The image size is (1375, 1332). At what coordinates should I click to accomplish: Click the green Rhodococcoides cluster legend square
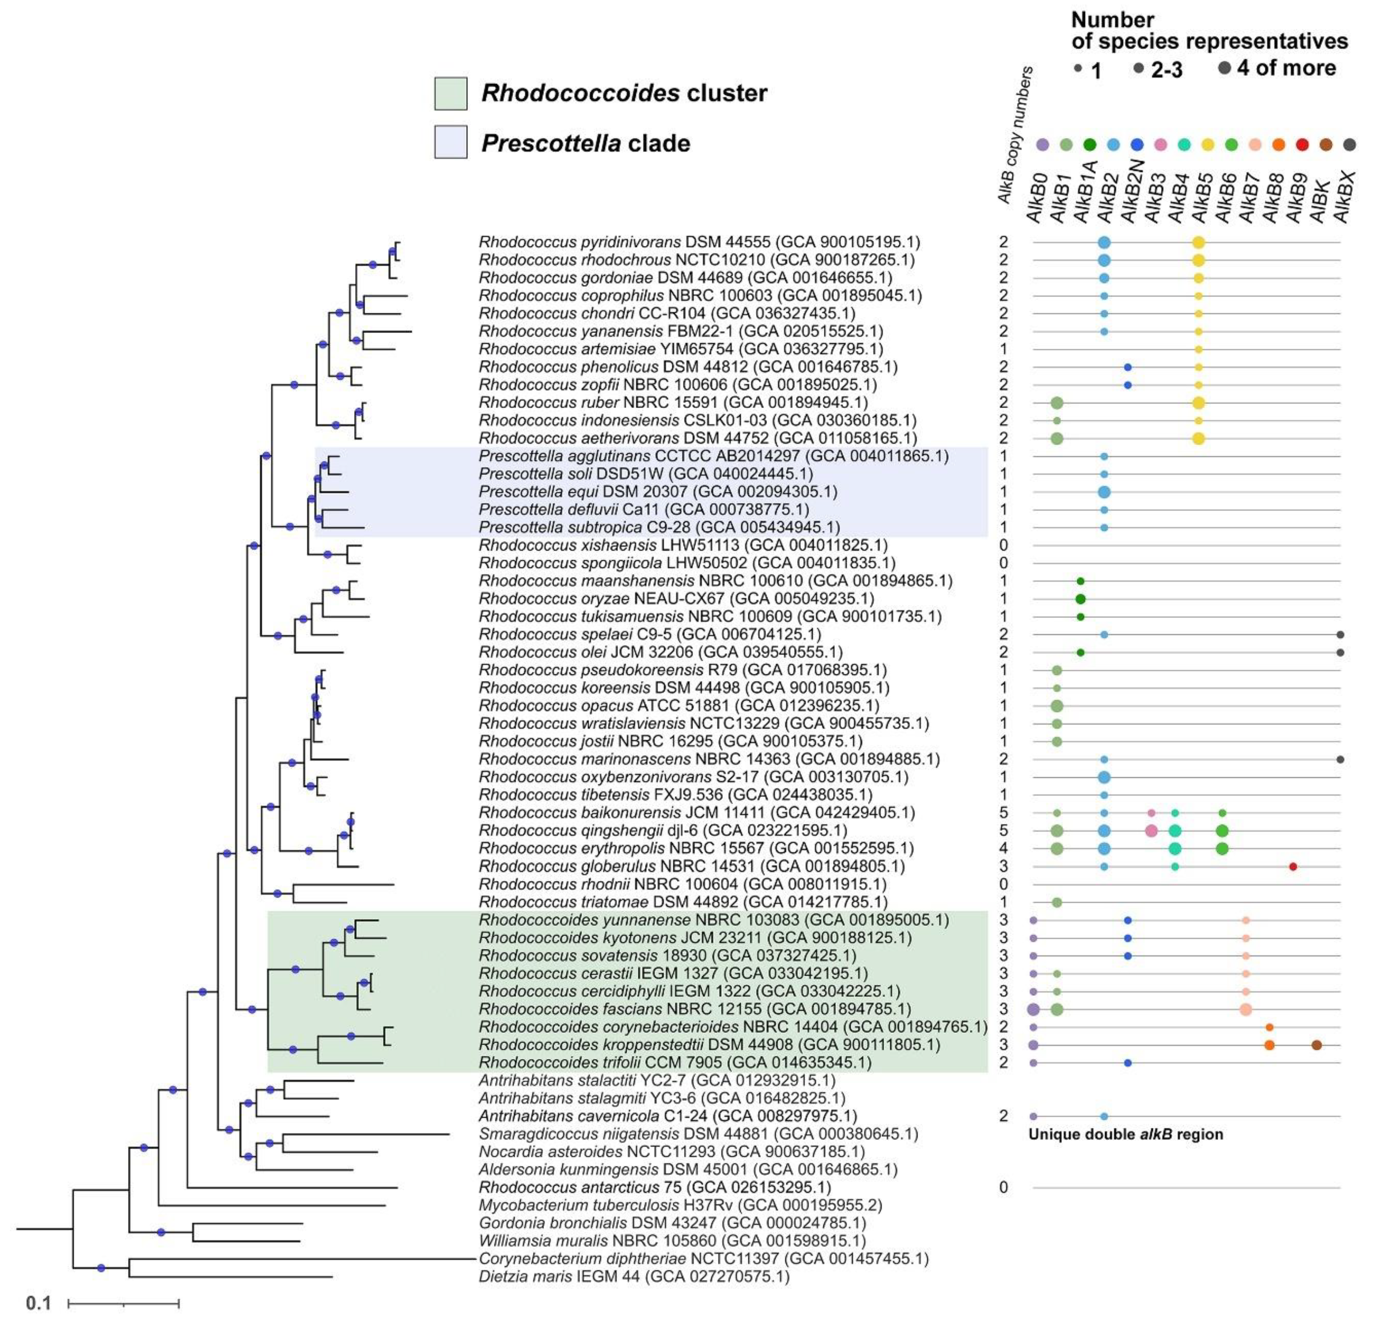pos(451,93)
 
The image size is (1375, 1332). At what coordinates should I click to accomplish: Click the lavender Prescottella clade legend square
pos(451,142)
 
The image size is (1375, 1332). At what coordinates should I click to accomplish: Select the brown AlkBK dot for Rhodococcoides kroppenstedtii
pos(1316,1045)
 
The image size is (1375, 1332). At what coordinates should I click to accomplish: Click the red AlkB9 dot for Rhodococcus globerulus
pos(1293,867)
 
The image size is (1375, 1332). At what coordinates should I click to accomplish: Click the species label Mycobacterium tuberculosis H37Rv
pos(680,1206)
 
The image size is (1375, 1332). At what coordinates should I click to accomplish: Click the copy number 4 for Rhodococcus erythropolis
pos(1003,849)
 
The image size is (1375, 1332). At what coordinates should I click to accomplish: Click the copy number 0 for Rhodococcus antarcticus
pos(1003,1187)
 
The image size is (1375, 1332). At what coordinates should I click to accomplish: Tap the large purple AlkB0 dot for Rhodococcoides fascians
pos(1033,1009)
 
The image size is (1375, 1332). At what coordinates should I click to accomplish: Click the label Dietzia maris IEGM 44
pos(634,1277)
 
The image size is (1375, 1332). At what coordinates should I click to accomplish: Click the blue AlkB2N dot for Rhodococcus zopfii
pos(1127,385)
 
